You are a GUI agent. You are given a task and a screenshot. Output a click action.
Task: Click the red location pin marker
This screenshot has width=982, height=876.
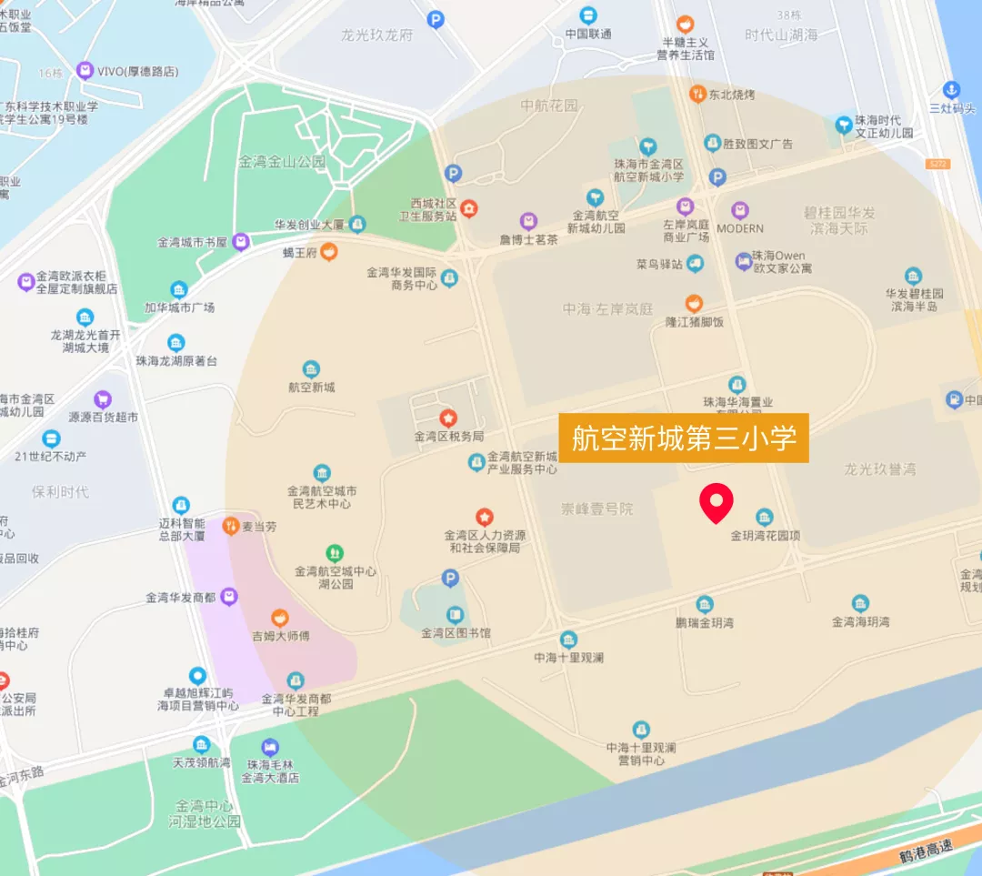tap(716, 503)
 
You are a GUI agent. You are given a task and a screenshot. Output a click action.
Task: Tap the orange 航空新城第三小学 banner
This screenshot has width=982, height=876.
tap(684, 438)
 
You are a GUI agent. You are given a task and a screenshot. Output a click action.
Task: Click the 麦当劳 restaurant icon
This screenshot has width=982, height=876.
tap(232, 525)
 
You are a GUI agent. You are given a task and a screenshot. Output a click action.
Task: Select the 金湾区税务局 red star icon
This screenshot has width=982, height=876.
tap(448, 418)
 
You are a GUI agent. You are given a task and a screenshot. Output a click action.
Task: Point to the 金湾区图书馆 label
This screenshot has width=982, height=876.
tap(456, 633)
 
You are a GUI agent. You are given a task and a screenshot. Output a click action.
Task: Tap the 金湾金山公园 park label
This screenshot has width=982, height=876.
tap(281, 162)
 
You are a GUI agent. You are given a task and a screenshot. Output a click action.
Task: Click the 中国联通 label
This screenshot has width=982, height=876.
tap(587, 35)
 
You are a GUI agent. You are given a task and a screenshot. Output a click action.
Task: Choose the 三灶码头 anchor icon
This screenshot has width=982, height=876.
tap(950, 89)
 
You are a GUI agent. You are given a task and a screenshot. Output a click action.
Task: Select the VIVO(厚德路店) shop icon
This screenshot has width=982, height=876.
tap(85, 70)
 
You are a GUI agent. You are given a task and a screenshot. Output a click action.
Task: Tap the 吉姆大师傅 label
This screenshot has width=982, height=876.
tap(280, 636)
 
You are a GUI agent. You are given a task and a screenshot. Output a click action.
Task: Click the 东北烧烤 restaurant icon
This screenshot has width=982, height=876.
tap(697, 93)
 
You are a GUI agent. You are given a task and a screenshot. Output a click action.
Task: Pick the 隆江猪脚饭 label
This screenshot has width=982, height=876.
tap(694, 322)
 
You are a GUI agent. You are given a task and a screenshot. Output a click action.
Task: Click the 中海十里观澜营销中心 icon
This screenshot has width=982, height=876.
tap(642, 730)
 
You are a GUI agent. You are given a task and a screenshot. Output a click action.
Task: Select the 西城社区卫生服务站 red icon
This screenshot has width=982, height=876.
tap(468, 208)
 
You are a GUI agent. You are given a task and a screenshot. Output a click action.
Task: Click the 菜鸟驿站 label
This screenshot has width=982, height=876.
tap(659, 265)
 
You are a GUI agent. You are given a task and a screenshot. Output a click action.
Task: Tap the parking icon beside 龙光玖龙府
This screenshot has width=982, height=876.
tap(436, 18)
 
